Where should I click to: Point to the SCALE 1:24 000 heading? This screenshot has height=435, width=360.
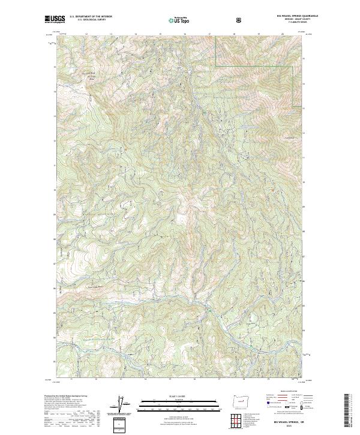(179, 394)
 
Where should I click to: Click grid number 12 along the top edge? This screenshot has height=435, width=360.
(86, 35)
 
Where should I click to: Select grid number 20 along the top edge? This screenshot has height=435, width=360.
(281, 35)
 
